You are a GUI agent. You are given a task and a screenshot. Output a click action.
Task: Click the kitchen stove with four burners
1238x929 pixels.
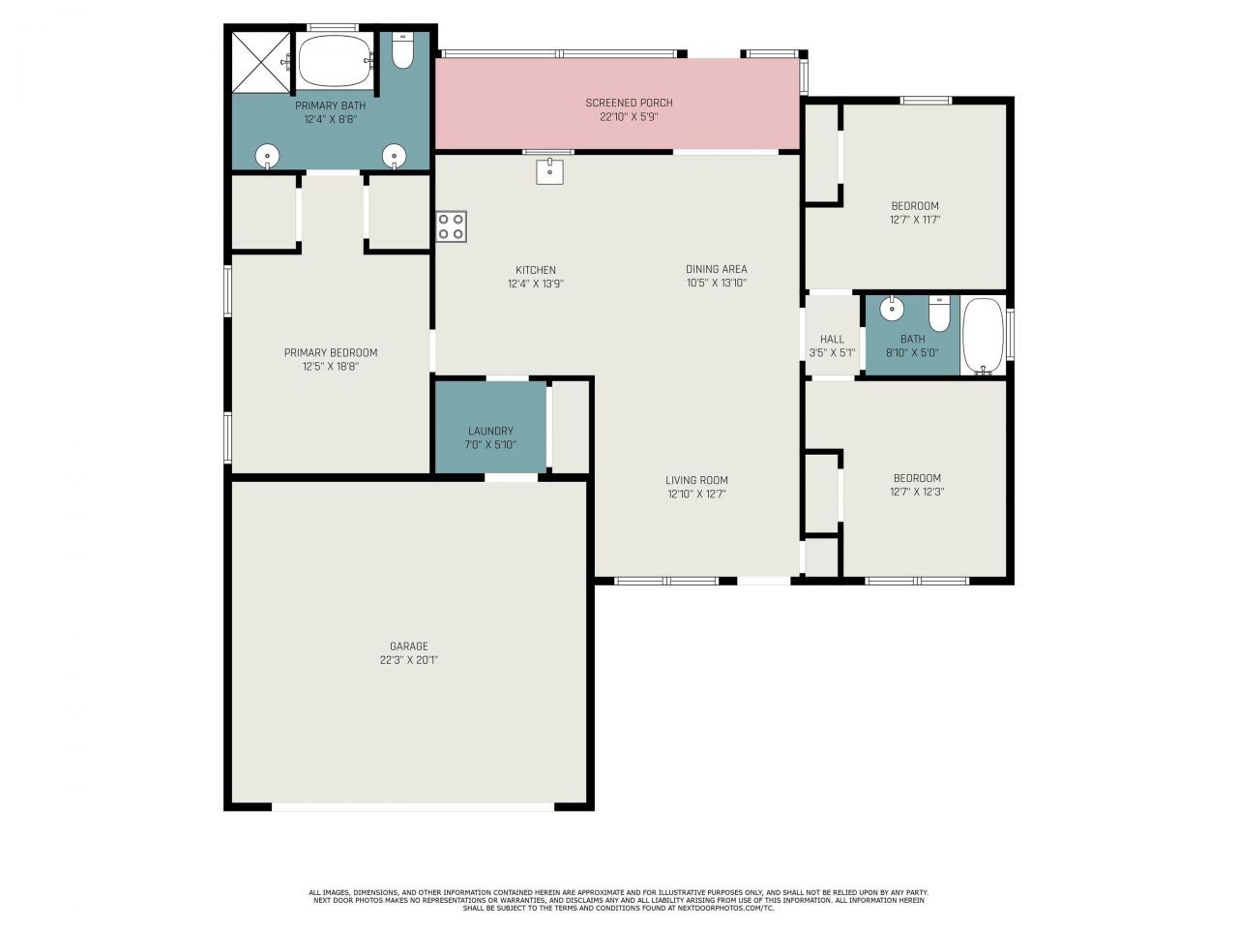[451, 226]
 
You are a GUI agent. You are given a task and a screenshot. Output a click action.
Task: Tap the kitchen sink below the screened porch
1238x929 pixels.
[549, 171]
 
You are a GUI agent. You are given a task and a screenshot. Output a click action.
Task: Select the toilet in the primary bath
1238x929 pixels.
[402, 51]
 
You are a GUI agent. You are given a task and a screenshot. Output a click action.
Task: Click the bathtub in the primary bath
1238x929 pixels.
[334, 61]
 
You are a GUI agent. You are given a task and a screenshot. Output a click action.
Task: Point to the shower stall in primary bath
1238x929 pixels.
[261, 60]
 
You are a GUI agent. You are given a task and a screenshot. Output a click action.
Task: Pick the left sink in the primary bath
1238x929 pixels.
[267, 156]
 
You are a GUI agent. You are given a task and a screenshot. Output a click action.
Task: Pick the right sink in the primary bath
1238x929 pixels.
[394, 156]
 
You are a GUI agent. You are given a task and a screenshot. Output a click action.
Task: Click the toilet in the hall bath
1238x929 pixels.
[939, 313]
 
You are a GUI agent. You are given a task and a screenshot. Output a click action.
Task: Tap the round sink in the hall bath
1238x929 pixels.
[891, 310]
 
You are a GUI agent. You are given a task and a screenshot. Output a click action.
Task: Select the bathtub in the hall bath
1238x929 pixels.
[983, 335]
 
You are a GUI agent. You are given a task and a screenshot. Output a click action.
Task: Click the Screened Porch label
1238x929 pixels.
[629, 103]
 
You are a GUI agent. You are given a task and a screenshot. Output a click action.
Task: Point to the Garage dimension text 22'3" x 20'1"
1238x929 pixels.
[409, 660]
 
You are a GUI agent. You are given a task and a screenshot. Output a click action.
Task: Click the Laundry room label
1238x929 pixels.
[490, 431]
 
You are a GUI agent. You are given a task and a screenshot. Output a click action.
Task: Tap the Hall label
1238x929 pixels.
[832, 339]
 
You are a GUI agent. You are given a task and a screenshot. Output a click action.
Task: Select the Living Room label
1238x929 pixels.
[696, 480]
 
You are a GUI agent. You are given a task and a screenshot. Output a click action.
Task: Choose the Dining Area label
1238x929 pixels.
[717, 269]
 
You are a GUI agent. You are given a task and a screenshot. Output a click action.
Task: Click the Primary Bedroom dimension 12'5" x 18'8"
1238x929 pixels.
[331, 367]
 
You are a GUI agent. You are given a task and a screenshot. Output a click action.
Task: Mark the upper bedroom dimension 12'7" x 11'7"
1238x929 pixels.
[915, 220]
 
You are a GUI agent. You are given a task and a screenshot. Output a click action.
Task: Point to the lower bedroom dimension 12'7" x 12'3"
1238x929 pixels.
[917, 492]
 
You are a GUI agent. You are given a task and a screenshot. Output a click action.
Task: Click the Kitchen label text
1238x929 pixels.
[535, 270]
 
